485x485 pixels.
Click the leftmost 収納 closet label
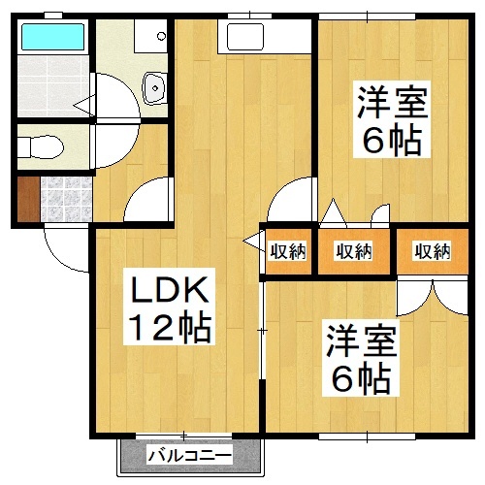point(288,251)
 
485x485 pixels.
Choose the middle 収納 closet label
point(353,251)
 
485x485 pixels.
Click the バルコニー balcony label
point(190,455)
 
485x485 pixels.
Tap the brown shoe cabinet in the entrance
point(27,199)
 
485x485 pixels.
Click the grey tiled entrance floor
point(63,199)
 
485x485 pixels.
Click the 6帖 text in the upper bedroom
point(392,142)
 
